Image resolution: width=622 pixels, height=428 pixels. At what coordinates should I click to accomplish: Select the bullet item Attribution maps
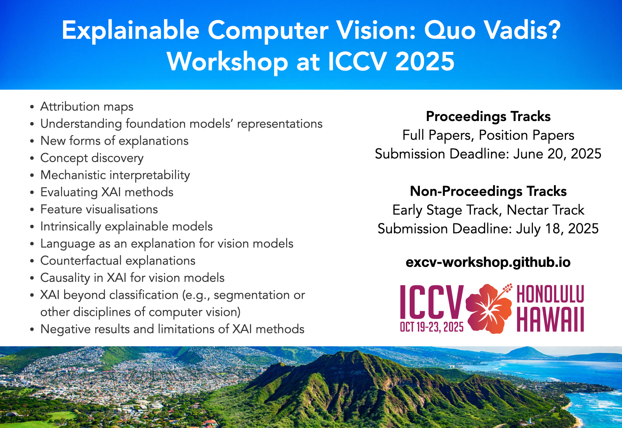tap(87, 107)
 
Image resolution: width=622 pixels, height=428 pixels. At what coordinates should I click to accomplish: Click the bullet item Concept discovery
tap(92, 158)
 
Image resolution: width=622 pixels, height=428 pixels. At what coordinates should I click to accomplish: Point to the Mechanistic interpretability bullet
tap(115, 175)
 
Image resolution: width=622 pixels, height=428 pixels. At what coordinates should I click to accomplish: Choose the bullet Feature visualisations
tap(99, 209)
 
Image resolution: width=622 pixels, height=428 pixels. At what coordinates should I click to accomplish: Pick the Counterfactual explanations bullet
tap(118, 261)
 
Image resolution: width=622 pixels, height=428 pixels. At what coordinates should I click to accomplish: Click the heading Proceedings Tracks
tap(488, 117)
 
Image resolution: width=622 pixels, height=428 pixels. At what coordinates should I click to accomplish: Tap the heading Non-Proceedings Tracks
tap(488, 191)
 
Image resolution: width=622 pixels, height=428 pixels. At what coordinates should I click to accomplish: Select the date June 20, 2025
tap(557, 154)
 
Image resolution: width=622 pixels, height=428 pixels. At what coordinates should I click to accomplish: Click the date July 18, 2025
tap(557, 229)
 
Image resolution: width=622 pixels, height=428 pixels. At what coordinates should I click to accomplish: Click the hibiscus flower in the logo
tap(489, 309)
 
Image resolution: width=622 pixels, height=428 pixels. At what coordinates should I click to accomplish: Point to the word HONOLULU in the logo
tap(550, 294)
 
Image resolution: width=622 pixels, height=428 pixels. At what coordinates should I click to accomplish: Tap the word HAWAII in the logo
tap(550, 319)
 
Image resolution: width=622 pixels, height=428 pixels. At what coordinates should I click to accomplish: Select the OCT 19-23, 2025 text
tap(432, 327)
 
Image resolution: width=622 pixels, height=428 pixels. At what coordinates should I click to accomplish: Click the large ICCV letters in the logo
tap(432, 302)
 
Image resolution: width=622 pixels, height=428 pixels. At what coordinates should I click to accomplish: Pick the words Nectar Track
tap(545, 210)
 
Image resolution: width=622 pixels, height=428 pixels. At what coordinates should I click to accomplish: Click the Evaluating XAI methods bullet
tap(107, 192)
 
